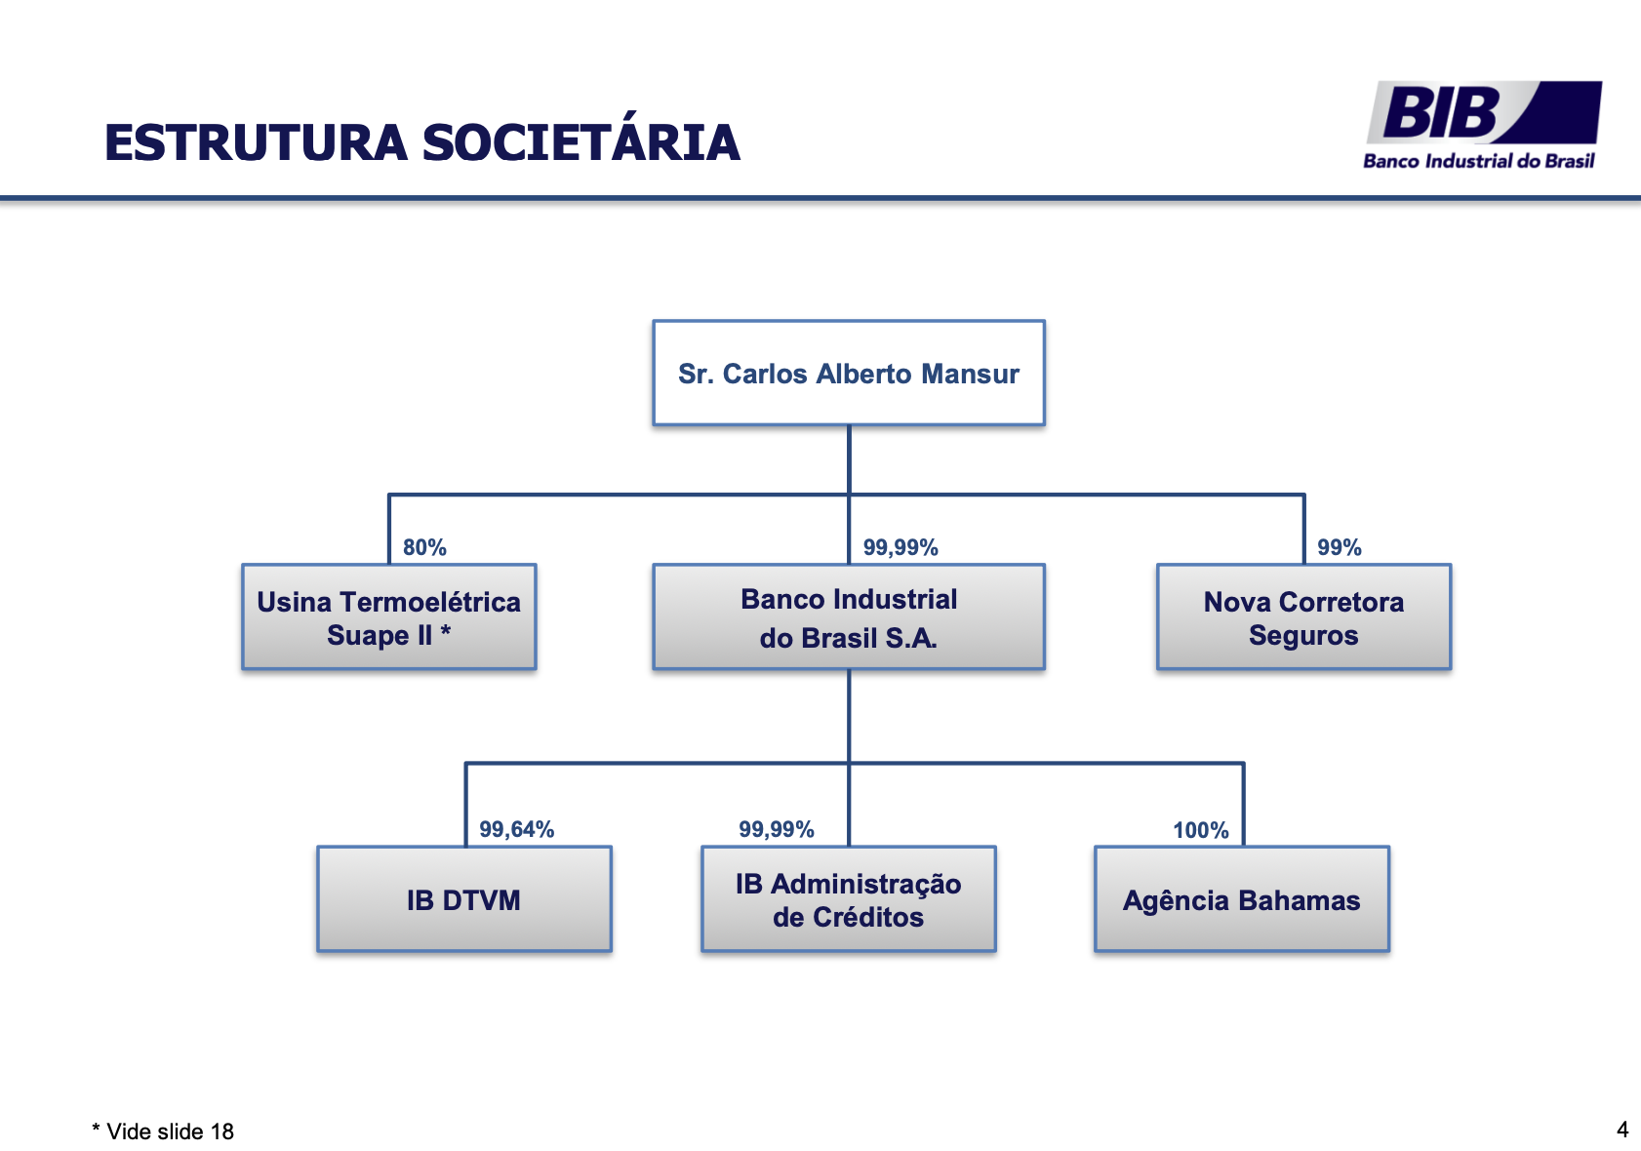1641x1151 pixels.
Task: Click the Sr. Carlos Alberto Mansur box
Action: [x=848, y=373]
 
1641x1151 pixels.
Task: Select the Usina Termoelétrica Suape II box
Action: [x=388, y=616]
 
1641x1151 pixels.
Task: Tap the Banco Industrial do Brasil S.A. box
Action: [x=848, y=616]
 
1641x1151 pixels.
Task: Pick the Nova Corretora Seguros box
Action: [x=1303, y=616]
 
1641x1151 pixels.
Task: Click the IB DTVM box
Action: [x=463, y=898]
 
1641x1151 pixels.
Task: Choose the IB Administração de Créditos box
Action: [x=848, y=898]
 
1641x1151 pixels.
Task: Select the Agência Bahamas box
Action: [x=1241, y=898]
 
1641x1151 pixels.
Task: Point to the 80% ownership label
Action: [x=424, y=547]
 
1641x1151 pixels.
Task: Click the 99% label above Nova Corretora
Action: [x=1339, y=547]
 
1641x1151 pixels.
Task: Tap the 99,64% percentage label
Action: [x=516, y=829]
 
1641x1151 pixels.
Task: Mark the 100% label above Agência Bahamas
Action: [x=1200, y=830]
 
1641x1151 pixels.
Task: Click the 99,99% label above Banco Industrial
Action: [x=901, y=547]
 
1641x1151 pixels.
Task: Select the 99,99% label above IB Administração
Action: [x=776, y=829]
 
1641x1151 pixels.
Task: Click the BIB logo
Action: [x=1483, y=113]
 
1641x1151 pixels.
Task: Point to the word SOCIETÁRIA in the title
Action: [x=580, y=142]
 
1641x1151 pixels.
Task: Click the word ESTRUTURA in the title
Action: [x=256, y=142]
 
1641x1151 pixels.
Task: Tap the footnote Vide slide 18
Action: [x=164, y=1131]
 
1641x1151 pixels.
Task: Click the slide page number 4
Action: [x=1622, y=1130]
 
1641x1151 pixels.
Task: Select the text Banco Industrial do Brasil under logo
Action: [x=1478, y=161]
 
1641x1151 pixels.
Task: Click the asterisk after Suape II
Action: [x=445, y=632]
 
